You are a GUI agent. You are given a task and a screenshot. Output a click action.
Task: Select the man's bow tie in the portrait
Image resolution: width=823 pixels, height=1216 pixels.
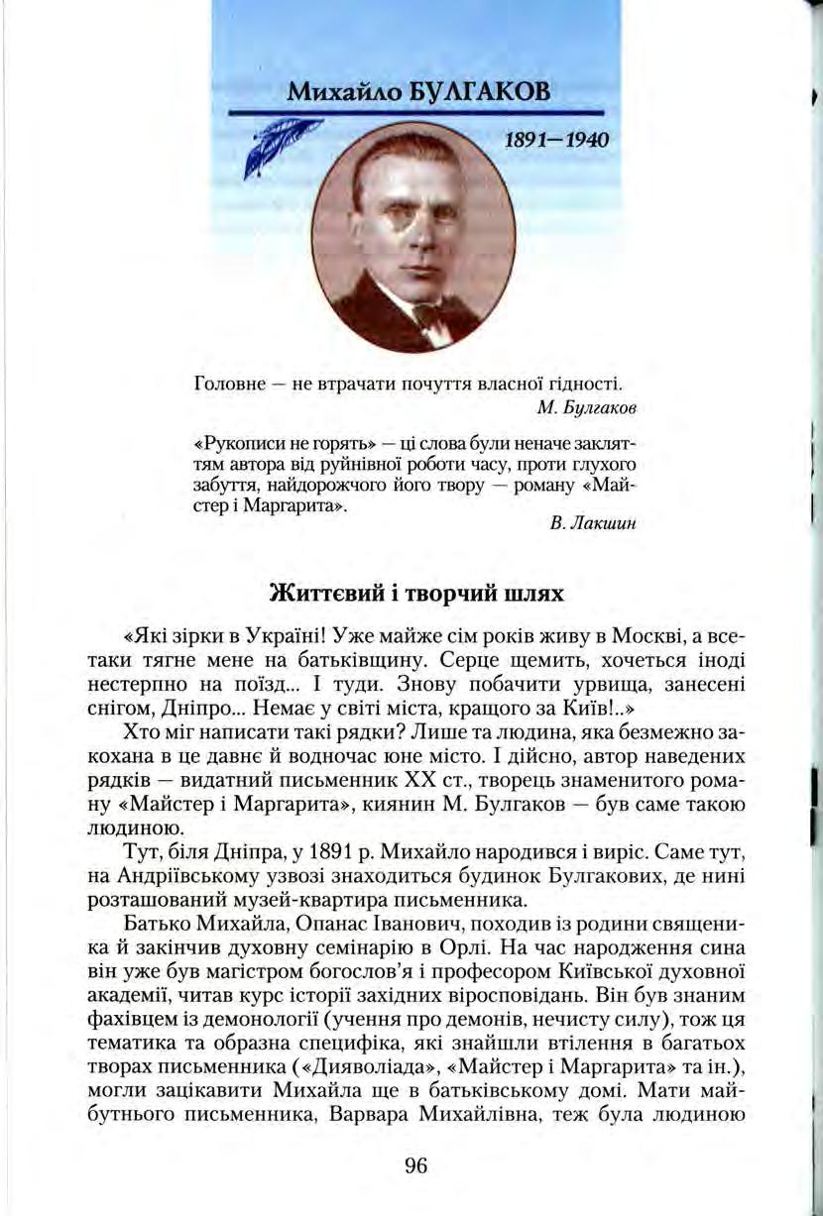tap(428, 315)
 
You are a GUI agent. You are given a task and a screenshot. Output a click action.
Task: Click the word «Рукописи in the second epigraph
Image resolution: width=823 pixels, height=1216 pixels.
tap(230, 442)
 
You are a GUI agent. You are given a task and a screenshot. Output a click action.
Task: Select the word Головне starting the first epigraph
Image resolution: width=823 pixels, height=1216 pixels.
tap(221, 384)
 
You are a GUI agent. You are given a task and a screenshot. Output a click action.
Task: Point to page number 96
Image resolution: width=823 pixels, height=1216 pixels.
tap(415, 1166)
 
